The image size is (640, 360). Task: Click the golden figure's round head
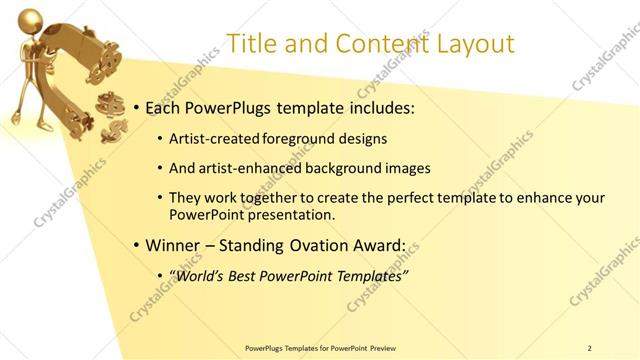click(29, 17)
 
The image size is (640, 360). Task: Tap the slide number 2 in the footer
click(590, 348)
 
